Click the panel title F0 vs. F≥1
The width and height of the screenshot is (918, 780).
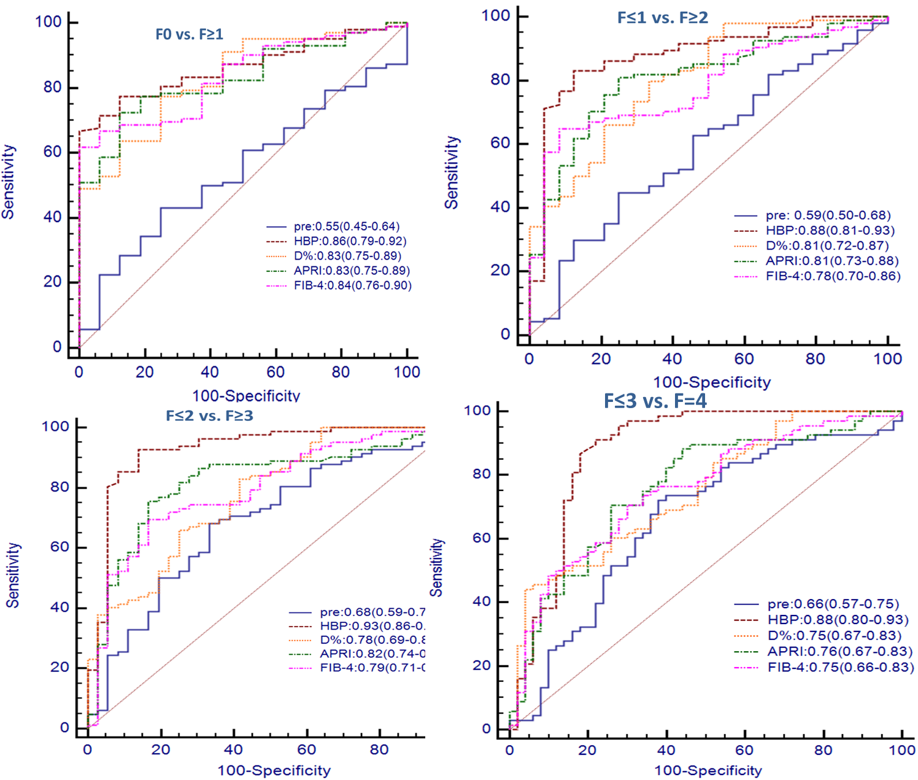pos(189,34)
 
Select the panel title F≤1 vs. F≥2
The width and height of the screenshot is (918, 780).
pos(663,18)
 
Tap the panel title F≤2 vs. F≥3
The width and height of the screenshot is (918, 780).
pos(209,416)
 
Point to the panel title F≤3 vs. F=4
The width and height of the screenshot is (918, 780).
pos(655,401)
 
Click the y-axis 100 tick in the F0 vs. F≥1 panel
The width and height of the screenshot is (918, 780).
pos(48,22)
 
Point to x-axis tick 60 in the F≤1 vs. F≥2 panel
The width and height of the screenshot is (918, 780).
pos(744,359)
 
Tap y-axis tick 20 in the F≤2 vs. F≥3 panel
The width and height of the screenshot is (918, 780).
pos(60,667)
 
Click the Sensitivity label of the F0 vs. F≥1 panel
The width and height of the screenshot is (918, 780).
pos(8,182)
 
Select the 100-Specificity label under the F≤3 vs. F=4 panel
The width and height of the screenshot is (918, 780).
pos(708,771)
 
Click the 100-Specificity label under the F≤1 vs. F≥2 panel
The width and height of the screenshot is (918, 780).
pos(712,382)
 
